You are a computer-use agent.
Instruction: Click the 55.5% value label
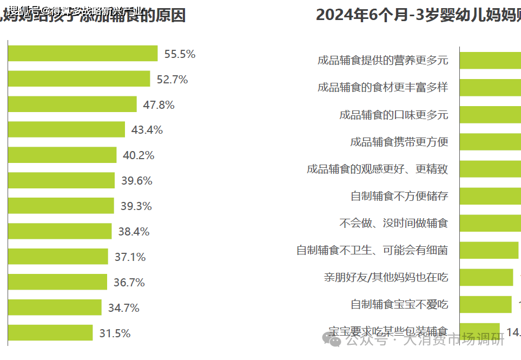click(180, 54)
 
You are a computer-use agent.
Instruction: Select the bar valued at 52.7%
click(79, 79)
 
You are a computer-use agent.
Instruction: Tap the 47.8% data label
click(159, 105)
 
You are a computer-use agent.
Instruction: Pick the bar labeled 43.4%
click(67, 130)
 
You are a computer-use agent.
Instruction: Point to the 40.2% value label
click(139, 155)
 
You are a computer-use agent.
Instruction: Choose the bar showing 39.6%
click(61, 181)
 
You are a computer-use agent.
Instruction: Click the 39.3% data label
click(136, 206)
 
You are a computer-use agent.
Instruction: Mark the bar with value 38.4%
click(60, 231)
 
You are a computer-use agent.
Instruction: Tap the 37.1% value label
click(130, 257)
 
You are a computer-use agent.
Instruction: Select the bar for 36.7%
click(57, 282)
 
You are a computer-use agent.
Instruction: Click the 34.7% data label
click(123, 308)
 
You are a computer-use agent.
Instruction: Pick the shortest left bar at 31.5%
click(50, 333)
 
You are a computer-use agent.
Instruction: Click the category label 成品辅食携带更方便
click(399, 142)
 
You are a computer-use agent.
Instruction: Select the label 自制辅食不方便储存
click(399, 196)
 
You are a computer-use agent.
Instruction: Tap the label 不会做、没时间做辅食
click(394, 223)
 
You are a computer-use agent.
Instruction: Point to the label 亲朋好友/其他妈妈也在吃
click(386, 278)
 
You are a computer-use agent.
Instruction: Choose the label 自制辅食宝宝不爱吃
click(399, 304)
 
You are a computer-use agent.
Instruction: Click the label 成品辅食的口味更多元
click(394, 115)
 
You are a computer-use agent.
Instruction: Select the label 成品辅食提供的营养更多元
click(383, 61)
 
